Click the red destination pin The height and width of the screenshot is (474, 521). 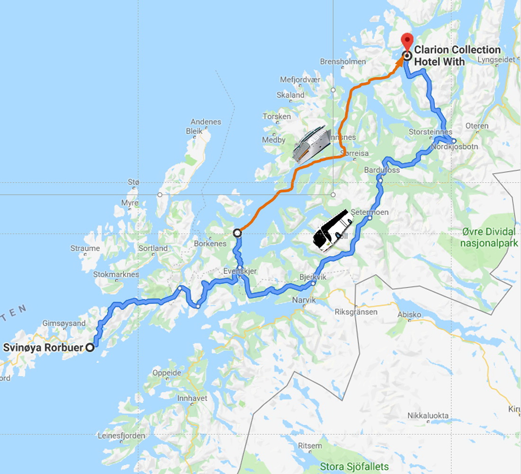(407, 42)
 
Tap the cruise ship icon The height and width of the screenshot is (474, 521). (311, 144)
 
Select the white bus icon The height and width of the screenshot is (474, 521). (333, 231)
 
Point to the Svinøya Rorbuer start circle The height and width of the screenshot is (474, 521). (90, 348)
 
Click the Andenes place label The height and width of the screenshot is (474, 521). (206, 121)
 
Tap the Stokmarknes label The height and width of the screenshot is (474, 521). (116, 274)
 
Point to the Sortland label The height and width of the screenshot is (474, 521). (153, 248)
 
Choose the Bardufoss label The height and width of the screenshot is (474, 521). (382, 169)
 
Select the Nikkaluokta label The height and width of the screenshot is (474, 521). (428, 416)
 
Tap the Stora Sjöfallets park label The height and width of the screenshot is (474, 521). (354, 466)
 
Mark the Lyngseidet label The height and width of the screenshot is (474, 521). (496, 60)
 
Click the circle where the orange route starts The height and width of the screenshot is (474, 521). (238, 233)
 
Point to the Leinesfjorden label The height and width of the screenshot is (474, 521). (121, 436)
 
